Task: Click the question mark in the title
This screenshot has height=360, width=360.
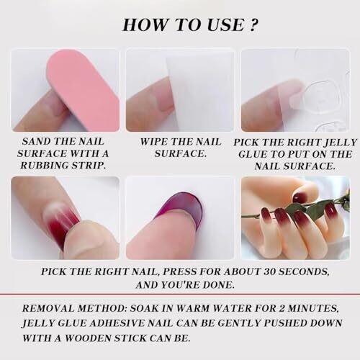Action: click(x=253, y=24)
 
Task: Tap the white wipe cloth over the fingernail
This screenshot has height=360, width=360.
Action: click(x=199, y=91)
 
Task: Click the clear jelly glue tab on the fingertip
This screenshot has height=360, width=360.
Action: click(x=305, y=97)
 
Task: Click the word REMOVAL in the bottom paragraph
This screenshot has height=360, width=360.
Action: click(x=48, y=308)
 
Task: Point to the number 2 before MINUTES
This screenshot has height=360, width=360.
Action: click(x=282, y=308)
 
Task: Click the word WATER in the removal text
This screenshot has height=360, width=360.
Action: click(x=229, y=308)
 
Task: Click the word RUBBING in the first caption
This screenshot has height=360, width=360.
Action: click(x=43, y=166)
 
